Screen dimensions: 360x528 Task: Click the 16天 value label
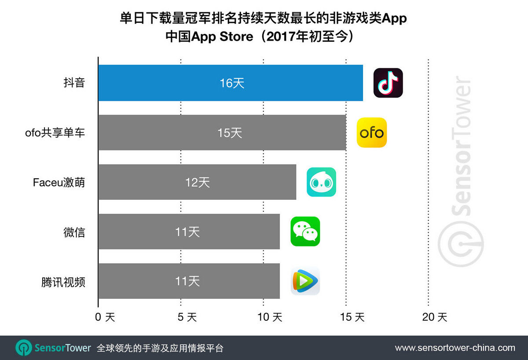tap(232, 83)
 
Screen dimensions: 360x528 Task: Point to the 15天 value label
tap(230, 132)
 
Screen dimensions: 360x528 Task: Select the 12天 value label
tap(198, 182)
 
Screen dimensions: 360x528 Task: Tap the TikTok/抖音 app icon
tap(388, 83)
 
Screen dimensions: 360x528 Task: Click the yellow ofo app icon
tap(372, 132)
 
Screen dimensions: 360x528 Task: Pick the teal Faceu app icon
tap(321, 182)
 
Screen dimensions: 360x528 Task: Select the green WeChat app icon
tap(305, 231)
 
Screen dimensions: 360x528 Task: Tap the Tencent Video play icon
tap(305, 281)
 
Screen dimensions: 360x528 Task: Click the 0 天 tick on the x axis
tap(104, 317)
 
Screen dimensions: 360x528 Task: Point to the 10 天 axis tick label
tap(270, 317)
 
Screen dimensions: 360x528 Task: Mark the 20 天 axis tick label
tap(434, 317)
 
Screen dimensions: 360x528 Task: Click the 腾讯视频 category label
tap(63, 282)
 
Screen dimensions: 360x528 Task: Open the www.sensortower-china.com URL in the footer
tap(455, 348)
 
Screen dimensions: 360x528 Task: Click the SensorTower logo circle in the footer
tap(23, 348)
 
